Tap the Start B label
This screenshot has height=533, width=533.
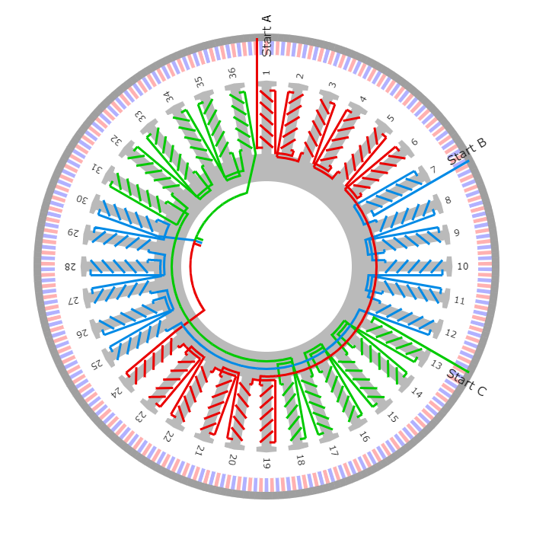tap(473, 148)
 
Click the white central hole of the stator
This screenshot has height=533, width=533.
tap(266, 266)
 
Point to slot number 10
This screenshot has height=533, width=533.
tap(462, 266)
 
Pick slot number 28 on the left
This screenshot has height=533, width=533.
tap(71, 266)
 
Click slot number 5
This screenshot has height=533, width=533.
tap(392, 116)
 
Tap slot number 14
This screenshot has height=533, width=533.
tap(417, 393)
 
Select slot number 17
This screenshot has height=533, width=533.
tap(333, 451)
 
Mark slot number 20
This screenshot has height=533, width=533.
tap(232, 459)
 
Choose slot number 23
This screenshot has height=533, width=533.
tap(141, 417)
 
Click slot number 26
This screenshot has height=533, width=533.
tap(82, 334)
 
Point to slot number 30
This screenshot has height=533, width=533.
tap(82, 199)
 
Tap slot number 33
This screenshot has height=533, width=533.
tap(141, 116)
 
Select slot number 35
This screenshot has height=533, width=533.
tap(199, 82)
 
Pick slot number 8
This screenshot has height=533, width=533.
tap(451, 199)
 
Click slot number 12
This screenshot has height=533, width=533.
tap(451, 334)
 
